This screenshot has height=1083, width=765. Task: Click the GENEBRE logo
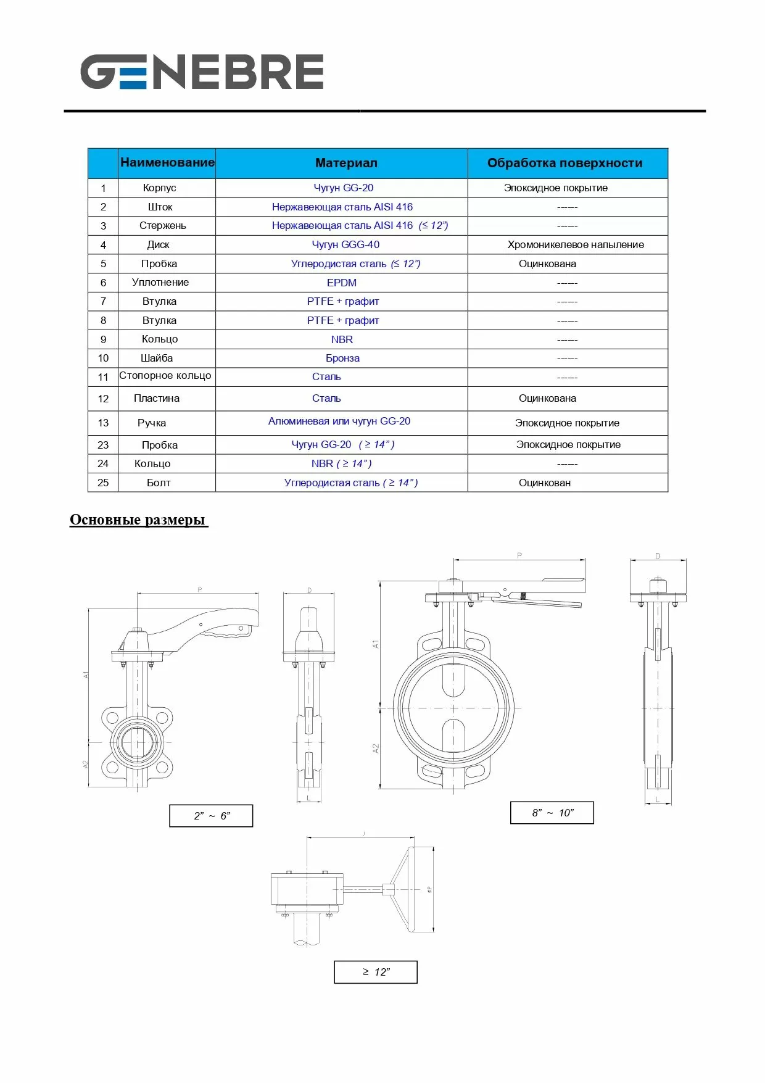pos(202,72)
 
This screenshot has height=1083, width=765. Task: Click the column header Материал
pos(346,163)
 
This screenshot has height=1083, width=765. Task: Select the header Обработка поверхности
pos(564,163)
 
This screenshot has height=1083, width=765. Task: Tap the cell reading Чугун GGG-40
pos(345,244)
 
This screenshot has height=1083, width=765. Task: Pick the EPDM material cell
pos(342,283)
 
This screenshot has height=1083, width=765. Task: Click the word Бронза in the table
pos(342,358)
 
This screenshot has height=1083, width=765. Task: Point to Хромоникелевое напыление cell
pos(575,244)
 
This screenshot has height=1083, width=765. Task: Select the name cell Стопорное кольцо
pos(165,376)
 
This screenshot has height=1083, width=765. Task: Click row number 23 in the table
pos(103,445)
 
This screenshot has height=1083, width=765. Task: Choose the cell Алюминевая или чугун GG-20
pos(339,421)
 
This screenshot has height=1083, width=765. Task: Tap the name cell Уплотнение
pos(160,282)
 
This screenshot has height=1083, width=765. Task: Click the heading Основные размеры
pos(138,520)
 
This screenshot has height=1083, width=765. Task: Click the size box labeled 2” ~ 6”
pos(211,816)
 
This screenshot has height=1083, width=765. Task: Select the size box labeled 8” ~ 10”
pos(552,813)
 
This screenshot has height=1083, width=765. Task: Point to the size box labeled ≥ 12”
pos(376,972)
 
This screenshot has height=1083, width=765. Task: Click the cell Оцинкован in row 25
pos(544,483)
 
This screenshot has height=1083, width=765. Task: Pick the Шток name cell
pos(160,207)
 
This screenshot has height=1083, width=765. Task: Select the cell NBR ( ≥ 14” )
pos(341,463)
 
